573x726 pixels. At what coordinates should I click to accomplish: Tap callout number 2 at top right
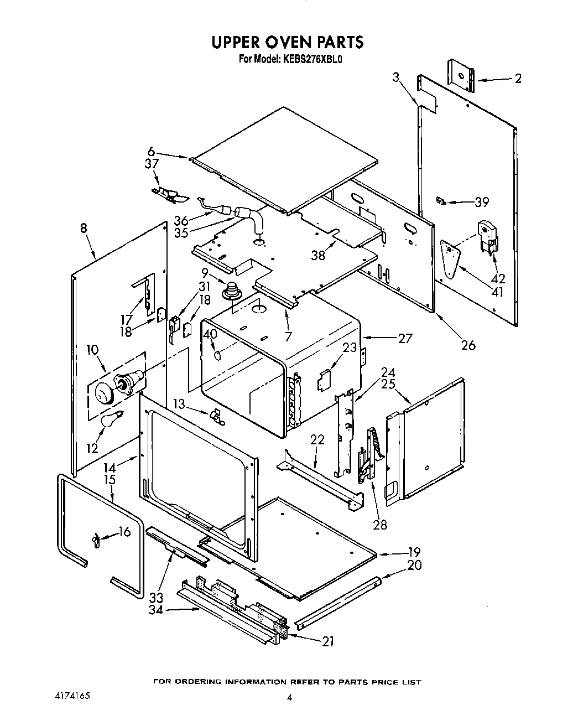click(517, 79)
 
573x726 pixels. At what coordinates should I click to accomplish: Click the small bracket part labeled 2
click(461, 75)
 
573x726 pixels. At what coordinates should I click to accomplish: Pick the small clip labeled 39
click(441, 200)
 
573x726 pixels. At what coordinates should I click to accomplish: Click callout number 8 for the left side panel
click(84, 229)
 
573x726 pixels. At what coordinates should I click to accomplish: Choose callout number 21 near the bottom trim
click(329, 641)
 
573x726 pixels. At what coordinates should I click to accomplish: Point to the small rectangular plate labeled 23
click(324, 379)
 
